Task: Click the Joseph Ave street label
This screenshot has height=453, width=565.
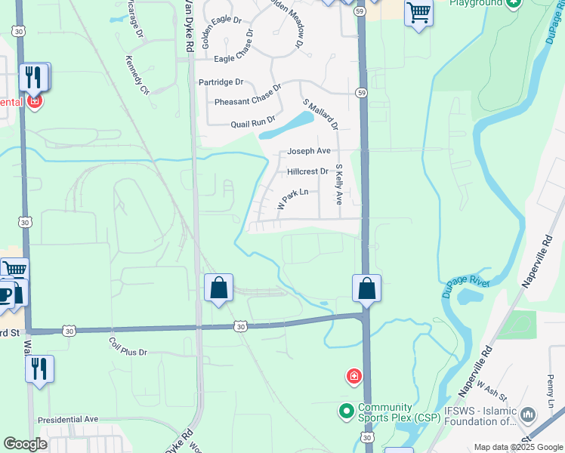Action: point(309,151)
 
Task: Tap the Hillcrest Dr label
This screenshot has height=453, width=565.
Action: point(307,171)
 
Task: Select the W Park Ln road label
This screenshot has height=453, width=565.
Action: point(293,199)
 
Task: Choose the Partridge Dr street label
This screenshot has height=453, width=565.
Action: point(221,82)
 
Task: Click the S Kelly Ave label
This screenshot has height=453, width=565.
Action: point(339,185)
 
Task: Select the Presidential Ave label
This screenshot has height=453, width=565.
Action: point(68,419)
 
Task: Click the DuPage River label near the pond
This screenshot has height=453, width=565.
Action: point(465,288)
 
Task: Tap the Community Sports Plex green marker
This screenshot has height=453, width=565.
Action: point(347,411)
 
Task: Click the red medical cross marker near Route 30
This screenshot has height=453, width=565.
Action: point(353,376)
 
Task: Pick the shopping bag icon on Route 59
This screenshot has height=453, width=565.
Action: point(366,288)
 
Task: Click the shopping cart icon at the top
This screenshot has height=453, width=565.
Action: point(418,13)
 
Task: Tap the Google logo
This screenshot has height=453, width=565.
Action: point(25,444)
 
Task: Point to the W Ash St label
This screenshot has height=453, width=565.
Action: point(489,393)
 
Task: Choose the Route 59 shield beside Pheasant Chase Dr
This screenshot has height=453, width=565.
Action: point(361,93)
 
